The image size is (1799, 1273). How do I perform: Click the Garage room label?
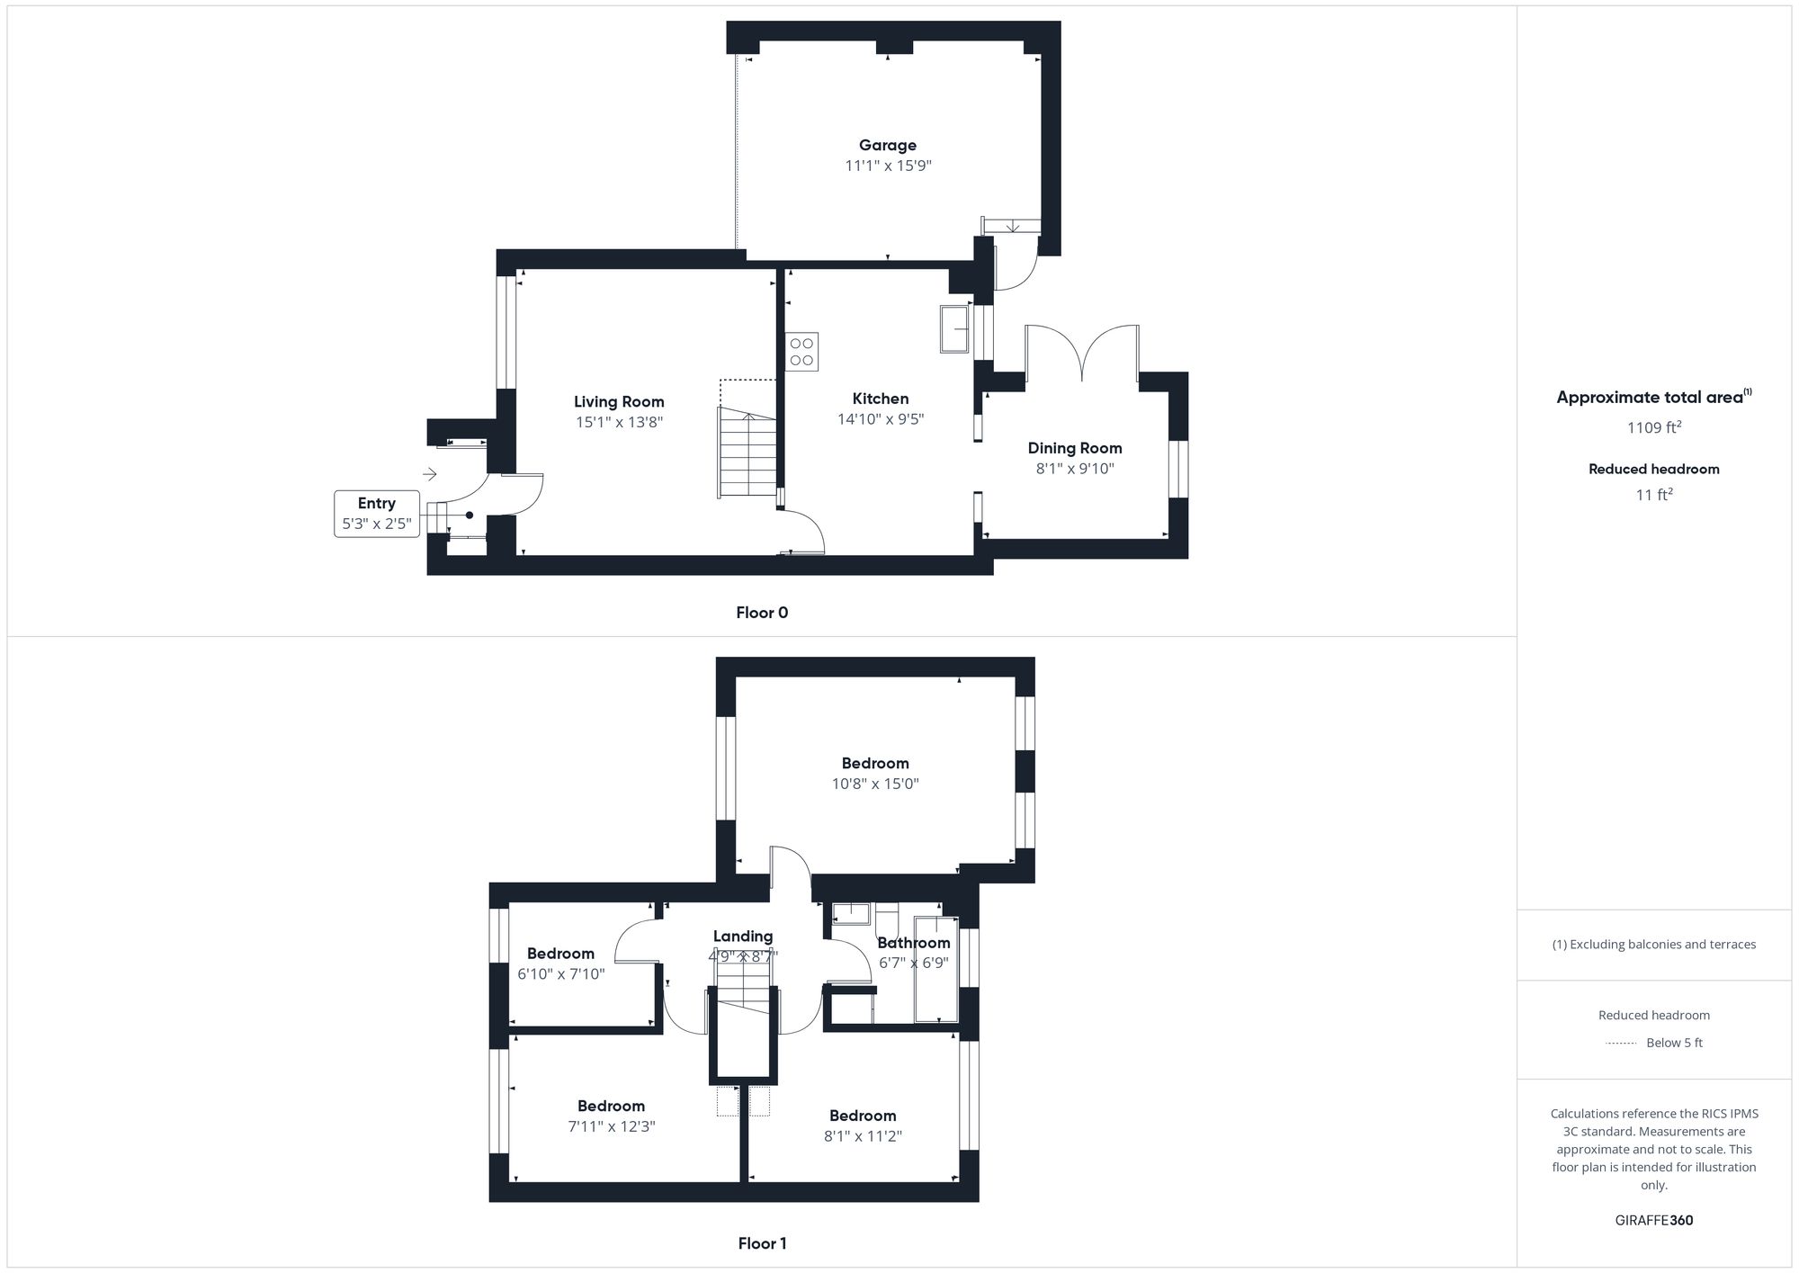pos(887,146)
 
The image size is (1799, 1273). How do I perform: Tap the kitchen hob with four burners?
pos(801,352)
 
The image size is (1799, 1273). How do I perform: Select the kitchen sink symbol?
pos(954,328)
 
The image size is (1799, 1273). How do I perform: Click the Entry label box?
pos(376,514)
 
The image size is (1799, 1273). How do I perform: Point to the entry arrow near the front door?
pos(430,474)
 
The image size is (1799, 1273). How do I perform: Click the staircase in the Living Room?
pos(747,453)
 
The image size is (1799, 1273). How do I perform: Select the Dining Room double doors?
pos(1082,352)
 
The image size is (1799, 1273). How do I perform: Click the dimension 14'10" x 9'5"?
pos(880,419)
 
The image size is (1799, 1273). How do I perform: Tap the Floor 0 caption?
pos(761,614)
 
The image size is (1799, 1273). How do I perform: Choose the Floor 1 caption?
pos(761,1244)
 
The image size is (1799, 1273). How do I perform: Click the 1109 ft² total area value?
pos(1653,428)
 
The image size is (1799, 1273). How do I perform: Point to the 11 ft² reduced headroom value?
pos(1653,495)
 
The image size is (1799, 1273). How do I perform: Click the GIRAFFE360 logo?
pos(1653,1221)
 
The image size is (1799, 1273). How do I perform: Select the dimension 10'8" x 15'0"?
pos(874,784)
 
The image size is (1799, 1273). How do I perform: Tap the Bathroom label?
pos(913,943)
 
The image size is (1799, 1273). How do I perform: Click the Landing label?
pos(742,937)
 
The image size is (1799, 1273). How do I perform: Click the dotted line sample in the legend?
pos(1620,1044)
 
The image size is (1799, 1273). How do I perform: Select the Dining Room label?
pos(1074,448)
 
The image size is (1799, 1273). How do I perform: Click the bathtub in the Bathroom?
pos(935,969)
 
